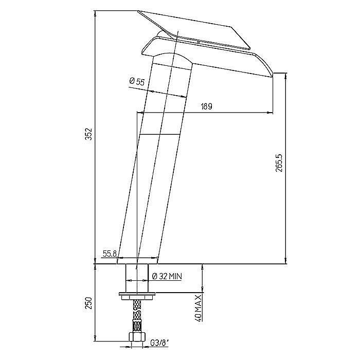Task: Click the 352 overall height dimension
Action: click(x=88, y=134)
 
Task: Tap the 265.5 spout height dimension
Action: click(x=279, y=163)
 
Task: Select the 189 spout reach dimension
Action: click(x=206, y=106)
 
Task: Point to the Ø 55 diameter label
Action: click(x=137, y=81)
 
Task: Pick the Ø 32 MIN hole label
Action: click(x=167, y=276)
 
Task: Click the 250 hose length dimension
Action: click(x=88, y=303)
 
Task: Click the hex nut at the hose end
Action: click(x=137, y=336)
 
